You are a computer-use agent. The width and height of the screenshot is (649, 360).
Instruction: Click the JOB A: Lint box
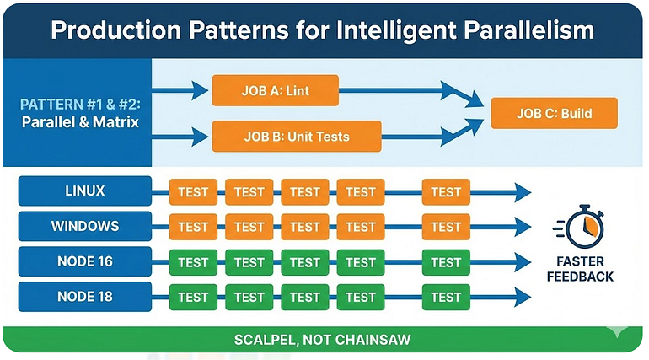276,90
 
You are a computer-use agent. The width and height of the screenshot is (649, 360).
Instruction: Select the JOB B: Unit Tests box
297,136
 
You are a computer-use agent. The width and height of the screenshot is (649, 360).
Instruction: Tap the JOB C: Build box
555,113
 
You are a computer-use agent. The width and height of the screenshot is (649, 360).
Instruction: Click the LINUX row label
85,191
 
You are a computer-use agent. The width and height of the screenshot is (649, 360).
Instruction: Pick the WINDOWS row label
85,226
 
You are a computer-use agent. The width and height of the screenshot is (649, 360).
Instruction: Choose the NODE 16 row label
85,261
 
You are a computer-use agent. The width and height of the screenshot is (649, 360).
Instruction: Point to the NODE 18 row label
85,297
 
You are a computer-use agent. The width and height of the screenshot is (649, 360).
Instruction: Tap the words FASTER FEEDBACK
580,269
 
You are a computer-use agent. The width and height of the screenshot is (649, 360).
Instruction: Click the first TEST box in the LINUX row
193,192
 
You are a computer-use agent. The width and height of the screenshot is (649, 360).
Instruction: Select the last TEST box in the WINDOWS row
446,227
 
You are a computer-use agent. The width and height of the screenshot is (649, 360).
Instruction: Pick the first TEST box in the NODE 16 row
193,262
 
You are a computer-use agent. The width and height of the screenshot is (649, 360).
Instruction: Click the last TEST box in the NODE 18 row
446,297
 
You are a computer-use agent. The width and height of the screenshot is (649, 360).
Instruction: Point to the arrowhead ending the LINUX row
523,192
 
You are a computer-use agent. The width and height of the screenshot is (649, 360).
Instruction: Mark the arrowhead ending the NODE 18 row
523,297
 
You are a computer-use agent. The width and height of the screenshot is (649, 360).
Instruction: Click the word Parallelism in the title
529,30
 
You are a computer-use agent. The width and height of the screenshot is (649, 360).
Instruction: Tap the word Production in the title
116,30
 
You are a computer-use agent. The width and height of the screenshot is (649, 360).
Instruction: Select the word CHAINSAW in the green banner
373,340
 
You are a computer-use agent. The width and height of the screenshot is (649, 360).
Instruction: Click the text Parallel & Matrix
80,122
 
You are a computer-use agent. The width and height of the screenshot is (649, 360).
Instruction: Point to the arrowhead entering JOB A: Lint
200,90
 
